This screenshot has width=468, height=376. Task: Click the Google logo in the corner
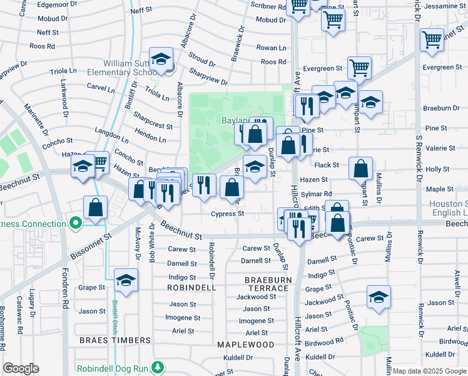[x=21, y=368]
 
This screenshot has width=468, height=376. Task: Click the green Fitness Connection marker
[x=76, y=223]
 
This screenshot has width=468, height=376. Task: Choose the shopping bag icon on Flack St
[x=360, y=168]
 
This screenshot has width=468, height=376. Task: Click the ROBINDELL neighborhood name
[x=191, y=288]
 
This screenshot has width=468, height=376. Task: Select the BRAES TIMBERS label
[x=115, y=340]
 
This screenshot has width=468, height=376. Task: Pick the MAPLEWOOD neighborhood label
[x=245, y=345]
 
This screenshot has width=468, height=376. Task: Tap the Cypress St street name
[x=226, y=214]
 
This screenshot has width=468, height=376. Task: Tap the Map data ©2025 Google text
[x=429, y=371]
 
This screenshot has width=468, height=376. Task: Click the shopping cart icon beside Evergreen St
[x=359, y=68]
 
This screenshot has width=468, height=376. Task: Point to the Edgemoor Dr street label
[x=55, y=4]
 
